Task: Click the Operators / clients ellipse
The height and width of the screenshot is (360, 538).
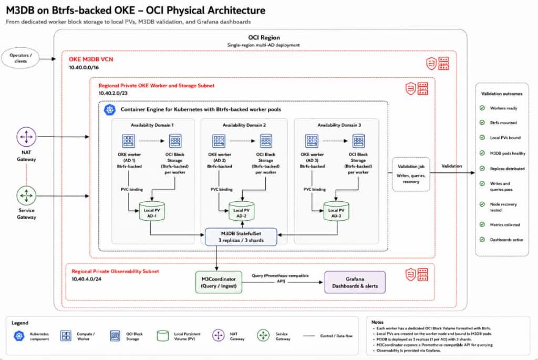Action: click(20, 58)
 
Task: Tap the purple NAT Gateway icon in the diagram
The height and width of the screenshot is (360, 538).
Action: click(26, 137)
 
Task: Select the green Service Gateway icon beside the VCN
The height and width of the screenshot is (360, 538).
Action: click(26, 196)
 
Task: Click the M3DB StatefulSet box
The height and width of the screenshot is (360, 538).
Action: click(241, 237)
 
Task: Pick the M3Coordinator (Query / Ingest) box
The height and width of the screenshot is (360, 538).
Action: click(219, 282)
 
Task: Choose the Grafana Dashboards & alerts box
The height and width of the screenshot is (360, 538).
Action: click(355, 282)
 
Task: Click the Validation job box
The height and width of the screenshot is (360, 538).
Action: click(411, 174)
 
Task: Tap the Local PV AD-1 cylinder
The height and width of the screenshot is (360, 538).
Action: click(152, 211)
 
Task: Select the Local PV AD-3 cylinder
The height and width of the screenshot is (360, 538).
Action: click(336, 211)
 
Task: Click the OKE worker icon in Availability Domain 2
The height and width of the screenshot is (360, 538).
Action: click(219, 141)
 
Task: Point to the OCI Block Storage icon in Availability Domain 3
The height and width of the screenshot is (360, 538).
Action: click(358, 141)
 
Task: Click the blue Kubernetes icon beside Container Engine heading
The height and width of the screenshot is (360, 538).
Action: click(109, 110)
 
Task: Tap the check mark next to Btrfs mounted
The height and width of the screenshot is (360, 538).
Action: click(482, 122)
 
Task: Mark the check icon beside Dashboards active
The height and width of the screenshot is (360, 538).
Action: click(482, 240)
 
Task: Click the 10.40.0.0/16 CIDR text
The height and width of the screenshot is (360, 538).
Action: click(84, 68)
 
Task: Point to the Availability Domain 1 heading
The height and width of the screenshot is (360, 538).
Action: click(152, 125)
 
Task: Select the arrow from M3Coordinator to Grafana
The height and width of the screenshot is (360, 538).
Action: click(283, 282)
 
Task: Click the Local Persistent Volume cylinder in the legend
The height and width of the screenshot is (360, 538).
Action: click(163, 336)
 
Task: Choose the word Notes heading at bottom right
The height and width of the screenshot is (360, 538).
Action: click(377, 322)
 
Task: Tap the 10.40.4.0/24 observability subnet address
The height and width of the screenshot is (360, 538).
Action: click(87, 279)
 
